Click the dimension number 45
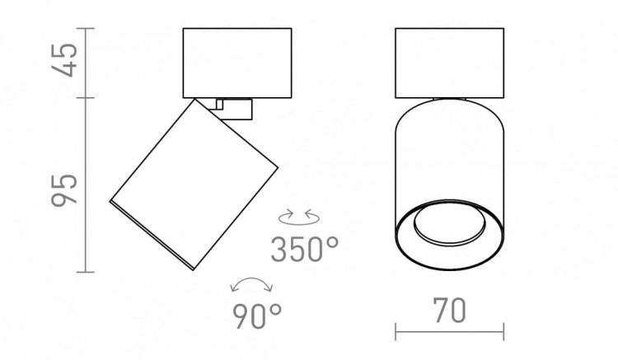point(64,60)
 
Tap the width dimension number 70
point(449,311)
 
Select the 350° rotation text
point(304,250)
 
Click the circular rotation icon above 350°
point(299,217)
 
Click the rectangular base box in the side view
point(237,63)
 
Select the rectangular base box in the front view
point(449,63)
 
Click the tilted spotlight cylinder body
point(194,185)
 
